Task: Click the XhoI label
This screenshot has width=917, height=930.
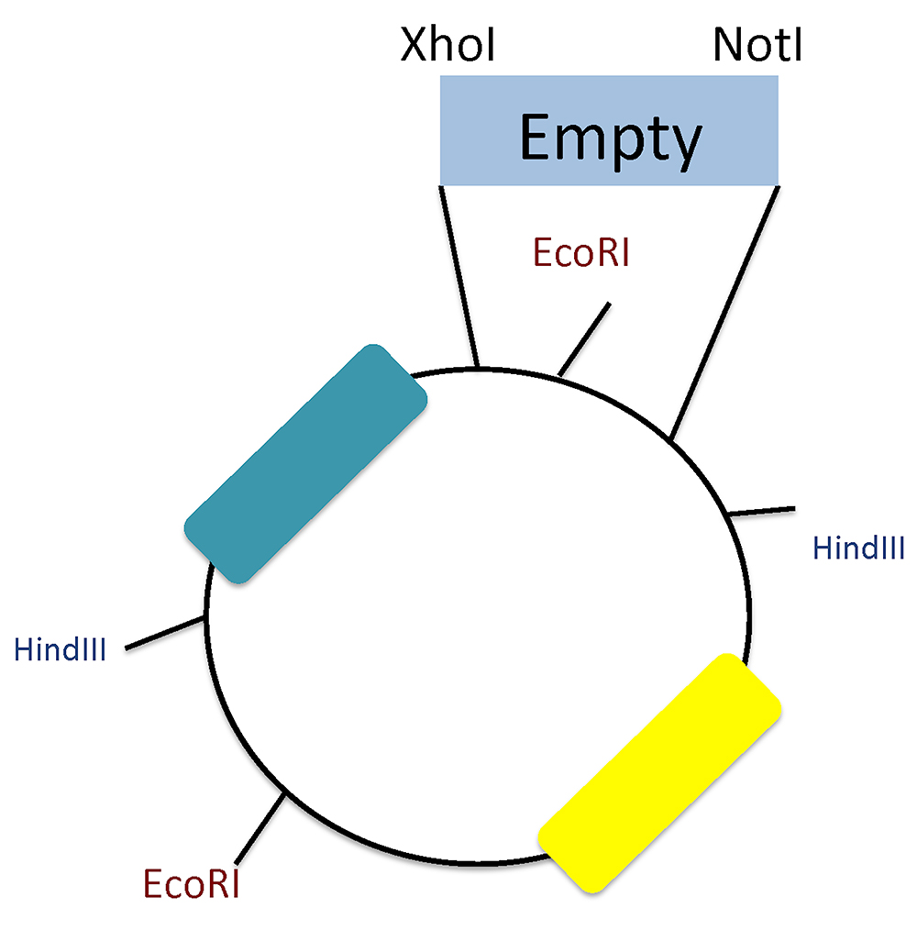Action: coord(447,45)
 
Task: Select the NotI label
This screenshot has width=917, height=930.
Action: coord(757,45)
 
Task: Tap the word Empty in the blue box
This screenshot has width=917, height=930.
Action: coord(611,140)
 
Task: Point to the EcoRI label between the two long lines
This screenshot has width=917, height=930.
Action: coord(580,252)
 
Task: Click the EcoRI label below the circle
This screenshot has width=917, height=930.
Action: coord(191,884)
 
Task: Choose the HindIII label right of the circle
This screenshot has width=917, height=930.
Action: coord(858,548)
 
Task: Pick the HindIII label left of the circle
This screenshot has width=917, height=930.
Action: coord(60,649)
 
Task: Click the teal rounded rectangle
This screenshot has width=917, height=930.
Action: coord(305,464)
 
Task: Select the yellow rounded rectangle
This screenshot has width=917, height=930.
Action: coord(659,773)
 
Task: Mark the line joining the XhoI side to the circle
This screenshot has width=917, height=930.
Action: coord(458,277)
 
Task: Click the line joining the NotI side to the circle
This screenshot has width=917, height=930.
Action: coord(724,313)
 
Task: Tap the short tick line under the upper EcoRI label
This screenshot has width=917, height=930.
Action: coord(584,339)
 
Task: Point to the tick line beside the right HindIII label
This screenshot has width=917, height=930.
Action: coord(761,511)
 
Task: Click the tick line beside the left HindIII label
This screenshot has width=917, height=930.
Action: coord(165,633)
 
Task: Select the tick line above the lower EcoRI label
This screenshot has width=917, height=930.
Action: coord(260,828)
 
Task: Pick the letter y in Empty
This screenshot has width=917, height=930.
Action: coord(685,148)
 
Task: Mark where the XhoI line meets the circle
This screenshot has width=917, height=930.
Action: coord(478,369)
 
